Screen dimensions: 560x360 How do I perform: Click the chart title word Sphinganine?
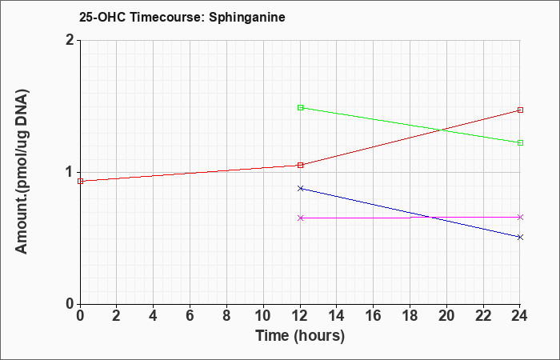(246, 18)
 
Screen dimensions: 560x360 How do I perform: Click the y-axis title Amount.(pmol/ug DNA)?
(22, 172)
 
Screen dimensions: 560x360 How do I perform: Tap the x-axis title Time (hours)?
(300, 336)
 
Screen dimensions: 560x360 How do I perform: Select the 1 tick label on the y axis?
(70, 172)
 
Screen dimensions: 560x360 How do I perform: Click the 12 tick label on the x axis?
(300, 316)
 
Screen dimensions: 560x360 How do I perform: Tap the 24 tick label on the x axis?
(520, 316)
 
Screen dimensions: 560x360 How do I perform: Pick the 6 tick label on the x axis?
(190, 316)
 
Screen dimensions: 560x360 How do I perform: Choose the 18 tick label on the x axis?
(410, 316)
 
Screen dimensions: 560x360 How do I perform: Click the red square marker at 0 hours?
(80, 181)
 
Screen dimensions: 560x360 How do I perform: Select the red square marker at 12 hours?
(300, 165)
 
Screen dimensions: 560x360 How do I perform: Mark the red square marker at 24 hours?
(520, 110)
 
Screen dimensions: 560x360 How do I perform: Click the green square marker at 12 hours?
(300, 107)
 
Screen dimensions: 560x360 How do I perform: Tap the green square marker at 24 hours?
(520, 143)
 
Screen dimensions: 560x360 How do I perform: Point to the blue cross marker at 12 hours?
(300, 188)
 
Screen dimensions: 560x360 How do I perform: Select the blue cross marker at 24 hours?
(520, 237)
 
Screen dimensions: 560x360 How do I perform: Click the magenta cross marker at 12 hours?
(300, 218)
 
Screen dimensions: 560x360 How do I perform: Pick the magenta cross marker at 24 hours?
(520, 217)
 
